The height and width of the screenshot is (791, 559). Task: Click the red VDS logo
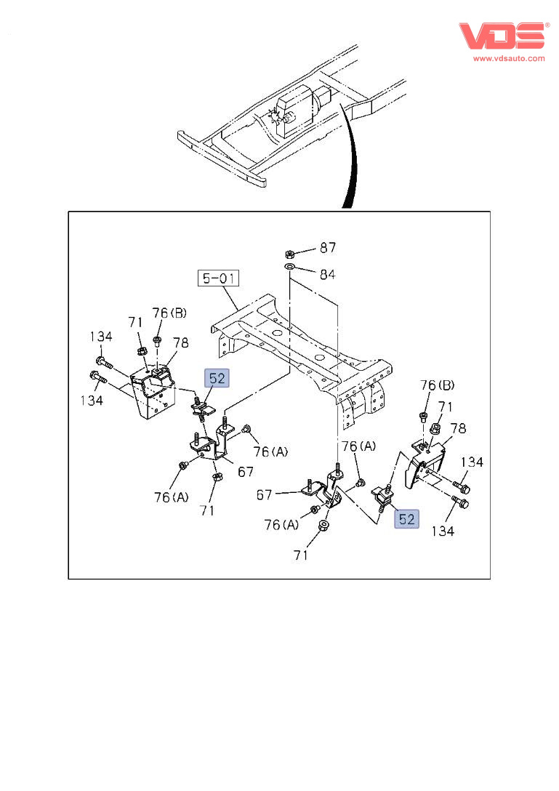tap(501, 36)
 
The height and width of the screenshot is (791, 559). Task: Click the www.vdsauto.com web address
tap(509, 58)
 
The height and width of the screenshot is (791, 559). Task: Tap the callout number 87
tap(328, 248)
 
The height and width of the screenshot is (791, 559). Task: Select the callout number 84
tap(328, 273)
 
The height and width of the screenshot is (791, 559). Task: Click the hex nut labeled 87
tap(289, 254)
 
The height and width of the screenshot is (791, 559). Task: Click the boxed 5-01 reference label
tap(220, 278)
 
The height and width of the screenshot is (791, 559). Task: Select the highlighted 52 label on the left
tap(217, 378)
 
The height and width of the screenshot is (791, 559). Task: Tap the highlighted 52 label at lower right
tap(406, 519)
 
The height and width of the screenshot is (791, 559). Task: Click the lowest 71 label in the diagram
tap(301, 555)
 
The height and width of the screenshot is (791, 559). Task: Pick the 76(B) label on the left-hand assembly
tap(169, 313)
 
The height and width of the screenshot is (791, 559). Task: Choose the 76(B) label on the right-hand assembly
tap(438, 385)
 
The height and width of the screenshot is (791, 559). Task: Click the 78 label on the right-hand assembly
tap(459, 428)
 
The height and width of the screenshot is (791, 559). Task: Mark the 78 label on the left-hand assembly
tap(181, 342)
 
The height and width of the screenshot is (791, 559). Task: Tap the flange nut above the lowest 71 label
tap(322, 526)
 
